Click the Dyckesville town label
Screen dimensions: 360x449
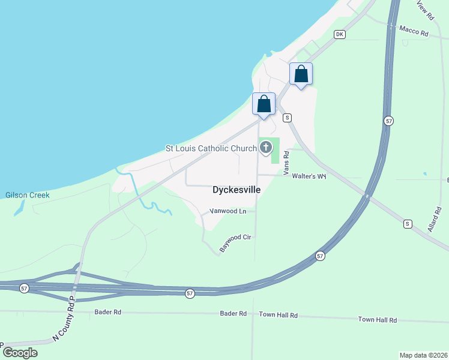click(x=237, y=190)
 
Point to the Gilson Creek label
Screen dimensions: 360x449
click(x=27, y=195)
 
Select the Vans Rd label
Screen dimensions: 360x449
click(x=286, y=162)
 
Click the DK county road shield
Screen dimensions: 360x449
click(x=340, y=34)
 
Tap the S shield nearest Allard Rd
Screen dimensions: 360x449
click(x=408, y=224)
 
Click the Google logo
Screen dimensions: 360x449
click(x=20, y=352)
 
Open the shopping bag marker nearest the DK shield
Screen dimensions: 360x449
click(x=301, y=74)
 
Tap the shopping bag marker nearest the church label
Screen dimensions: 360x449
click(x=264, y=104)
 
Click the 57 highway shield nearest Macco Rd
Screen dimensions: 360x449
click(x=389, y=121)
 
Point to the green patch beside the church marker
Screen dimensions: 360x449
click(x=276, y=151)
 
